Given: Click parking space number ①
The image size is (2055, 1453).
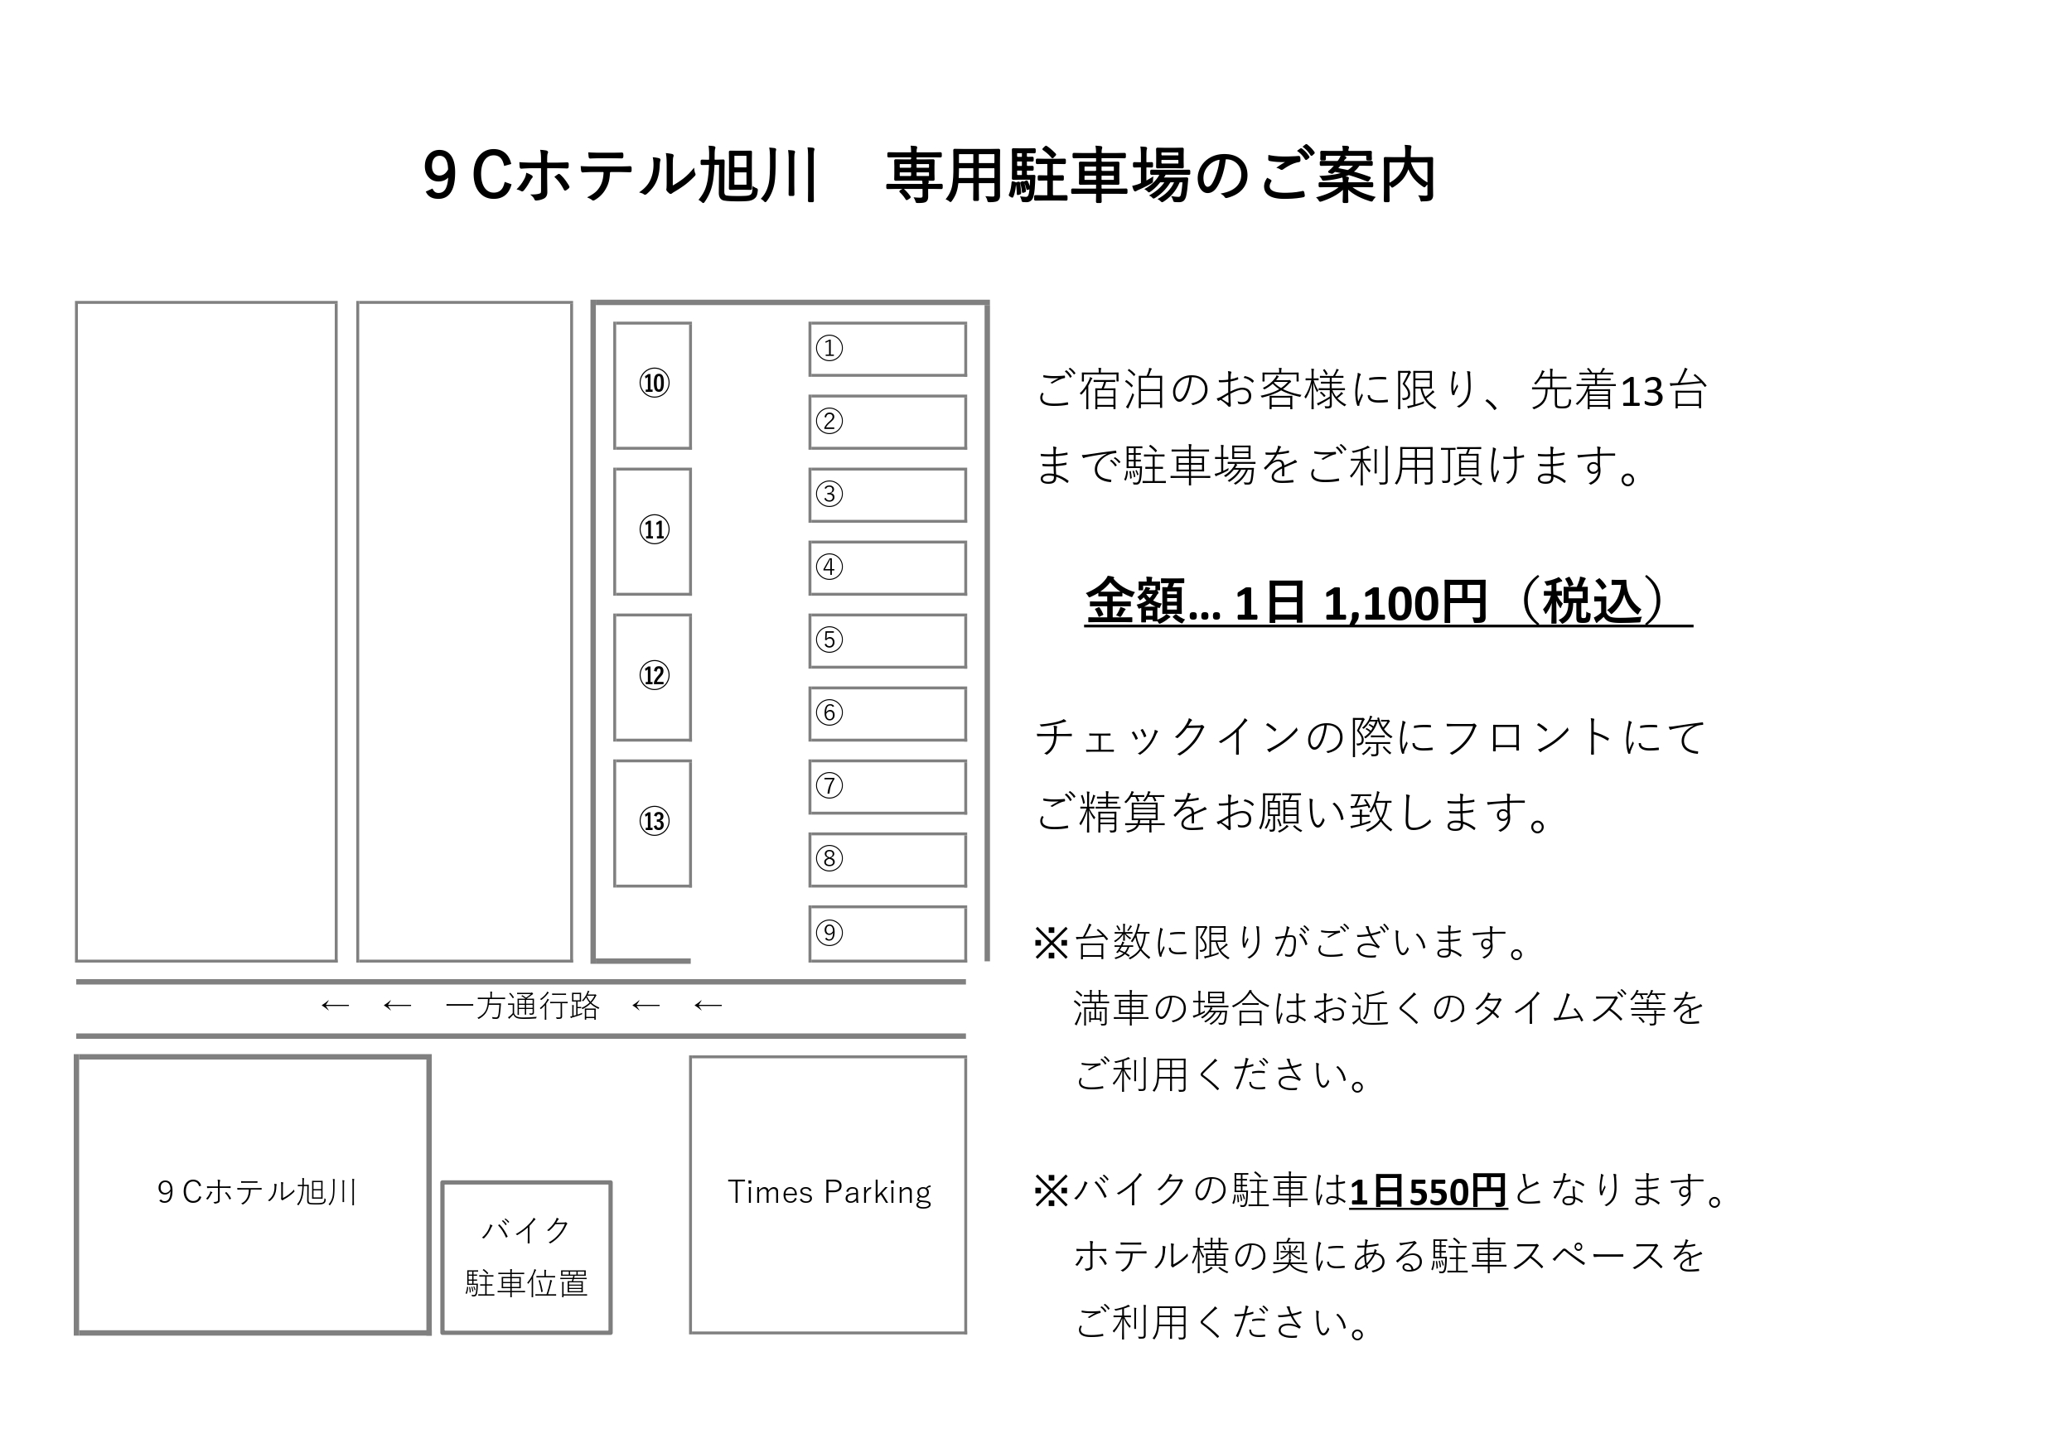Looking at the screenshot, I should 887,349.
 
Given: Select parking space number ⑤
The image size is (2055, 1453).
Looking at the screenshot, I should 887,640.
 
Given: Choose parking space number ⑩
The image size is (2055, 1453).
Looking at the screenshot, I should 652,384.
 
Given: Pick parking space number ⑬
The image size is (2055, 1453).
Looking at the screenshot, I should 652,823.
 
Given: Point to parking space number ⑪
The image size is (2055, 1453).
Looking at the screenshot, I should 652,532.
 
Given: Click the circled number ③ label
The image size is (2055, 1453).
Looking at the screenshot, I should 829,494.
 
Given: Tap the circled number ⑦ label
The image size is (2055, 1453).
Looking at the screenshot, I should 829,785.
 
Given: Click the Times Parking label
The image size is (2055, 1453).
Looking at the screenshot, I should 829,1193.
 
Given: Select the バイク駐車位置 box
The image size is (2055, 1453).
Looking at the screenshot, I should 526,1257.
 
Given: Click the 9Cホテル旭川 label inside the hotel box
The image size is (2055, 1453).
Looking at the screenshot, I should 257,1193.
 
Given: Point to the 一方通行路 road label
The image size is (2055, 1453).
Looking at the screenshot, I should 522,1006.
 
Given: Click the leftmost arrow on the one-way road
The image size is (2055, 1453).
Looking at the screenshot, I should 335,1006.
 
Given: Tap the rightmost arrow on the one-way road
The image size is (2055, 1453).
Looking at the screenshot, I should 708,1006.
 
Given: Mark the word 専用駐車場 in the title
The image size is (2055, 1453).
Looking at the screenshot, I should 1038,176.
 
